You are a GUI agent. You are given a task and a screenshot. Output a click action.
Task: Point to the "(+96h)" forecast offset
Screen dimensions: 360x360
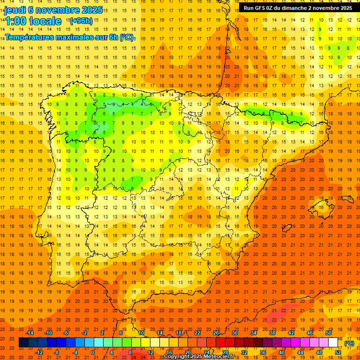point(81,21)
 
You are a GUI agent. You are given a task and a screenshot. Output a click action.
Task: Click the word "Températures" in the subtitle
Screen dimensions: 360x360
point(30,37)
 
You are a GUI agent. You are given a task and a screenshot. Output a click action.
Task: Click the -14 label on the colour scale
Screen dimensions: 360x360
point(31,333)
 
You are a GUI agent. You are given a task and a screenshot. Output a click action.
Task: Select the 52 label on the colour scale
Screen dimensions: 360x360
point(338,352)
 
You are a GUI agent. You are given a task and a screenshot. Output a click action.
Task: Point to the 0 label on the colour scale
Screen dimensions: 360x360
point(93,352)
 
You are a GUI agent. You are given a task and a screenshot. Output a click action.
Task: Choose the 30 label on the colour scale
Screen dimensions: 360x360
point(234,333)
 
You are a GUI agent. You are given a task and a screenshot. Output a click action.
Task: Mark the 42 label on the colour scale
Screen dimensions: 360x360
point(291,333)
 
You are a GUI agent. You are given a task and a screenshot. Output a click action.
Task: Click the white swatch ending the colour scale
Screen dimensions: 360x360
point(333,343)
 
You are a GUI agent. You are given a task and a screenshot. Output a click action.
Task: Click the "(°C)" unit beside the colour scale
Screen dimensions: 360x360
point(349,343)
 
